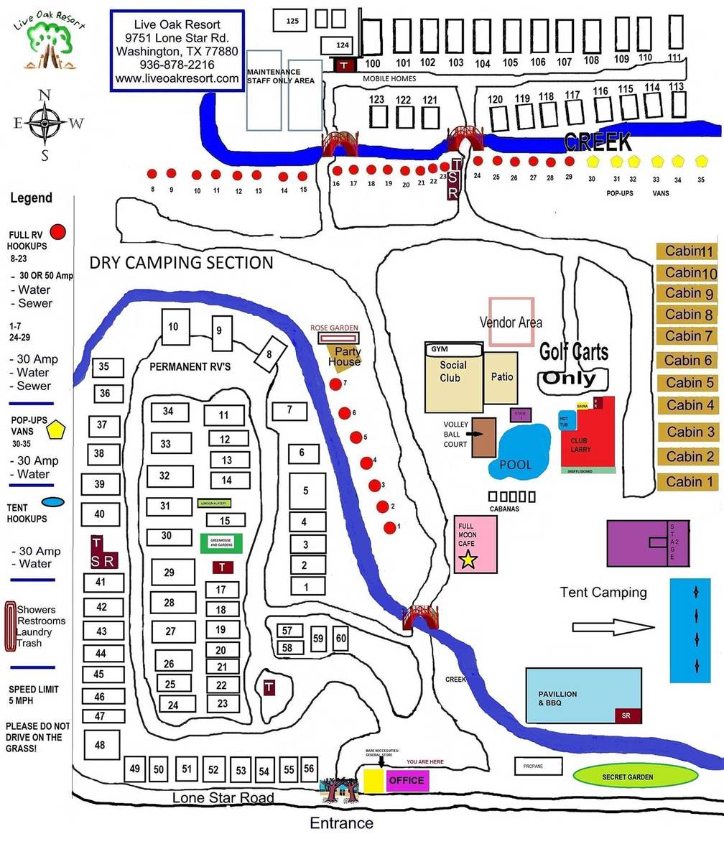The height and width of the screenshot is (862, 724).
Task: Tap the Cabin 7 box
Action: tap(687, 336)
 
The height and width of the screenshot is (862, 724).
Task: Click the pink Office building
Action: tap(407, 780)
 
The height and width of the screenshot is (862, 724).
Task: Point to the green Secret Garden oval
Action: tap(636, 776)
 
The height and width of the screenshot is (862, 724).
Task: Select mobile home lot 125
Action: tap(292, 21)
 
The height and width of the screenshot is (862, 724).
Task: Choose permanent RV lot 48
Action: tap(100, 745)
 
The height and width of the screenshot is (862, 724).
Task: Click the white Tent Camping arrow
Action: tap(613, 627)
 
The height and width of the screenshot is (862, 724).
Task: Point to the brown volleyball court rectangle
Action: tap(483, 437)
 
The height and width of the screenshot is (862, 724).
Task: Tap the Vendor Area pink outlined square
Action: tap(511, 323)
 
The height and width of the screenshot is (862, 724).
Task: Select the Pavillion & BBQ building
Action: tap(583, 696)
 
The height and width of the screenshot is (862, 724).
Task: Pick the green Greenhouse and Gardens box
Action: tap(221, 543)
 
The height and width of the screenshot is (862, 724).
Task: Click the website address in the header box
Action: tap(177, 78)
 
